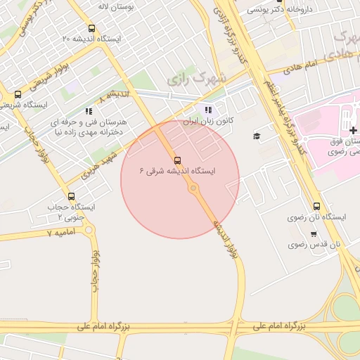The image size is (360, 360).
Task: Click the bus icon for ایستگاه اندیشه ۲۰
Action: click(92, 29)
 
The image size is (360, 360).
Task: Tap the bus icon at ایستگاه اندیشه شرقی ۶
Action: click(176, 160)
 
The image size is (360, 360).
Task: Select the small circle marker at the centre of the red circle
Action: click(193, 188)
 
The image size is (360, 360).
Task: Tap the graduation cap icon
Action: click(257, 136)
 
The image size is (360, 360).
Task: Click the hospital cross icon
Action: click(352, 131)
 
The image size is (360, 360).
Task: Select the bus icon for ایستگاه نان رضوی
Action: click(316, 207)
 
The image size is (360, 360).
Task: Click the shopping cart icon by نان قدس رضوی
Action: click(293, 244)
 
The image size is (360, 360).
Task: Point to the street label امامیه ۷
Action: click(59, 231)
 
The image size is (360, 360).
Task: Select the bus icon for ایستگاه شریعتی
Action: click(18, 94)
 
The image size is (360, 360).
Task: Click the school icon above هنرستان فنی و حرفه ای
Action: click(88, 111)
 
